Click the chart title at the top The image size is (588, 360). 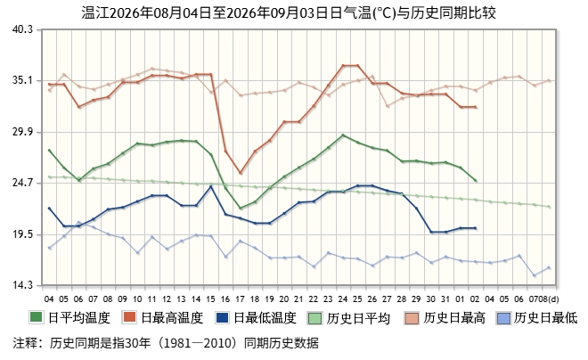click(x=289, y=12)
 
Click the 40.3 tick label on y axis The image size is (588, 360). click(x=22, y=29)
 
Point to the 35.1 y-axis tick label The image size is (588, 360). click(x=22, y=80)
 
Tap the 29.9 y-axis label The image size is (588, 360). click(x=22, y=132)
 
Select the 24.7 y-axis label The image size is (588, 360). click(x=22, y=183)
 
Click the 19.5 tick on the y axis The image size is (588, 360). click(x=22, y=234)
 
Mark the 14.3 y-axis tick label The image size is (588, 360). click(x=22, y=285)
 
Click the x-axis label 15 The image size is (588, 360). click(x=211, y=299)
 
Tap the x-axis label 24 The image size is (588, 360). click(x=343, y=299)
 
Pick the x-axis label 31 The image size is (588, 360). click(x=445, y=299)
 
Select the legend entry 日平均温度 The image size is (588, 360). click(x=70, y=318)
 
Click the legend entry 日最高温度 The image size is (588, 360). click(x=163, y=318)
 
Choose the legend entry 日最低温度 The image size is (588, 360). click(x=256, y=318)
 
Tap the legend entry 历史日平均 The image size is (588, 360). click(x=349, y=318)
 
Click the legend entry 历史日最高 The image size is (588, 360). click(x=445, y=318)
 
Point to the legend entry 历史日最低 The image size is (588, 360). click(x=537, y=318)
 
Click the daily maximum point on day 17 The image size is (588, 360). click(x=241, y=173)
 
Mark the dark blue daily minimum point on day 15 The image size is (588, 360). click(x=211, y=186)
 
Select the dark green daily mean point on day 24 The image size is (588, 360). click(x=343, y=135)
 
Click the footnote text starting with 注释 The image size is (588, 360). click(x=166, y=343)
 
